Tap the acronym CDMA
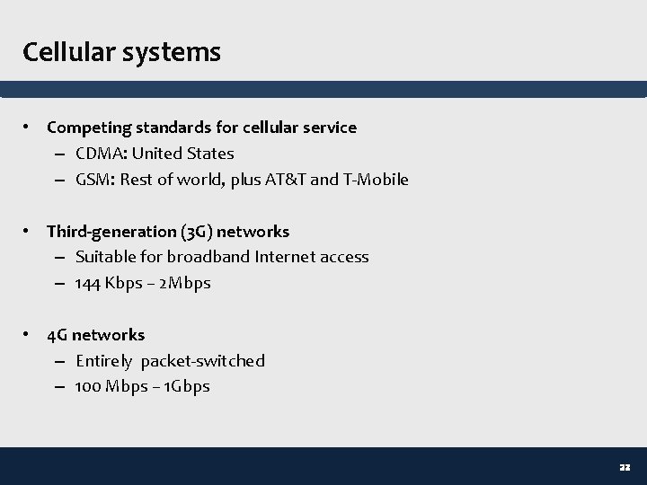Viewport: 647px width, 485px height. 100,154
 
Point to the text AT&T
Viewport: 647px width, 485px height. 286,180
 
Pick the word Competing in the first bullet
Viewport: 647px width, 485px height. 85,128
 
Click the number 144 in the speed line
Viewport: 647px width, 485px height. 88,284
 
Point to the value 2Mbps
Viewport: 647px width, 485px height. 186,284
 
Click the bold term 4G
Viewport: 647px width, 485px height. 58,335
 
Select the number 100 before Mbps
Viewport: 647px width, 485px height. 88,387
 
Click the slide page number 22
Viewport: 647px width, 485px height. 625,467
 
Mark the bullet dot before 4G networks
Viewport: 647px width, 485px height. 30,335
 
